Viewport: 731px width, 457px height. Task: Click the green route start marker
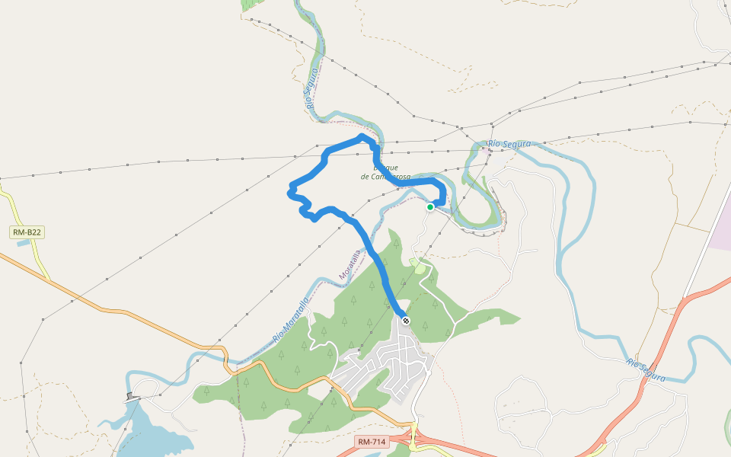(430, 206)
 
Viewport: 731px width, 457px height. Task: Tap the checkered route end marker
(406, 321)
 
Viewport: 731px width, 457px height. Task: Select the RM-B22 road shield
(27, 232)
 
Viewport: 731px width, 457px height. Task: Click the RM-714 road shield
(372, 442)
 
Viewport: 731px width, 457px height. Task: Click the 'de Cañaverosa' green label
(386, 177)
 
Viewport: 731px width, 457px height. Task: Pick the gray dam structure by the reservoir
(132, 397)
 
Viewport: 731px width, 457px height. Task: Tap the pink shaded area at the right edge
(720, 228)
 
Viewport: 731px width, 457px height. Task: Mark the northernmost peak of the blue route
(362, 136)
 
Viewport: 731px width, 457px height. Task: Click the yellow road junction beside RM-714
(415, 440)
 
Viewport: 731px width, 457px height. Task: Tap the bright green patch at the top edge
(249, 5)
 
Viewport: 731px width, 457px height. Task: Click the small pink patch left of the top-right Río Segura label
(485, 149)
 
